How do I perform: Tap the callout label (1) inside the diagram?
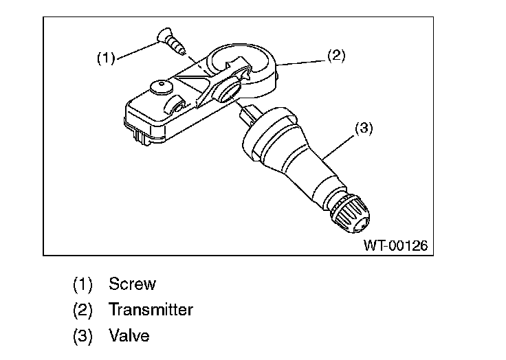click(x=105, y=58)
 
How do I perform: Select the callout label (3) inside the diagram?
click(x=363, y=128)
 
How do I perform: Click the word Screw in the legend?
click(x=132, y=284)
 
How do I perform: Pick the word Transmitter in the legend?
click(x=151, y=309)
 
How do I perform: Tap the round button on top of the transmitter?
click(x=160, y=87)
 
